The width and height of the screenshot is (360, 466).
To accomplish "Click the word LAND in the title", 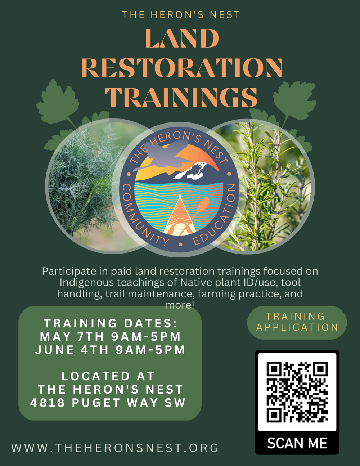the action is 182,38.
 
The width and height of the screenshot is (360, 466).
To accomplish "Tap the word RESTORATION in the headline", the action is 182,68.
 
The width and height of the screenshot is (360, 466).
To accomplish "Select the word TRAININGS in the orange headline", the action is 181,97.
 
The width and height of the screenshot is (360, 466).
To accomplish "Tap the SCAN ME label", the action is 297,443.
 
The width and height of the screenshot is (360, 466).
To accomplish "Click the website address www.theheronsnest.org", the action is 115,448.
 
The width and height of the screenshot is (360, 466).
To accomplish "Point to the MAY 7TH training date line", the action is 110,336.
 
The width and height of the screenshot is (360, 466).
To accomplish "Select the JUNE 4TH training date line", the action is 110,350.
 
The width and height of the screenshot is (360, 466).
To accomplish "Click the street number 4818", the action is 47,403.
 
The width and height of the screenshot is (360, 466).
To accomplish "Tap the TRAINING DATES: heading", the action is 111,323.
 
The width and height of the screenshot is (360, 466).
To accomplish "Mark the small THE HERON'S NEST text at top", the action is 181,15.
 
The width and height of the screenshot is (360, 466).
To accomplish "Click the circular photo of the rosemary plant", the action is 260,187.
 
